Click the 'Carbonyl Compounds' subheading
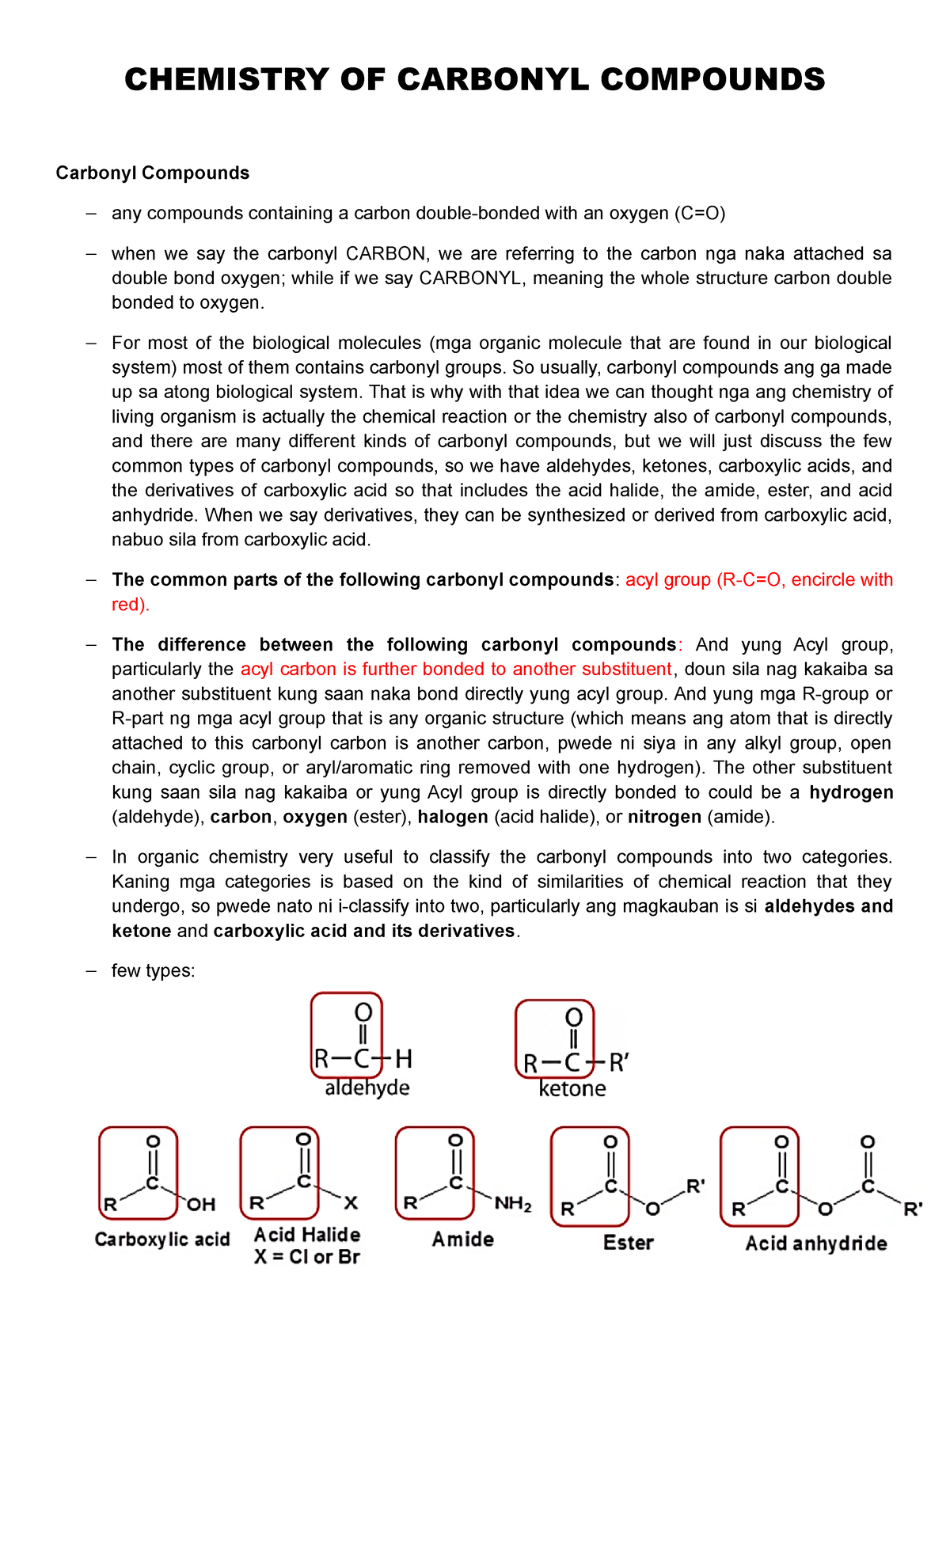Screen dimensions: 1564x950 (152, 173)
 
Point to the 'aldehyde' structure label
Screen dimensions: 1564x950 (367, 1088)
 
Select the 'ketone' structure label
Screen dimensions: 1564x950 (572, 1089)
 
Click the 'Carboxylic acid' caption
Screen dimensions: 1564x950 (162, 1239)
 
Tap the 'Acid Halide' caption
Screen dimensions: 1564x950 (307, 1235)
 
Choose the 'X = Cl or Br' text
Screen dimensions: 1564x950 (307, 1257)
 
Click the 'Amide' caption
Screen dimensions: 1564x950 (463, 1239)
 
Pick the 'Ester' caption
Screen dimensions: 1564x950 (629, 1243)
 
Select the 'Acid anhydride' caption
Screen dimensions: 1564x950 (816, 1244)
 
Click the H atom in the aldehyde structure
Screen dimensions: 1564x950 (404, 1059)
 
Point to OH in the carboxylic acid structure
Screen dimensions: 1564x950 (201, 1205)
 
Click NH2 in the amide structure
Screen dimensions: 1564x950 (513, 1205)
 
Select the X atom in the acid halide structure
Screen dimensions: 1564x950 (351, 1203)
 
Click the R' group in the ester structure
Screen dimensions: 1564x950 (695, 1187)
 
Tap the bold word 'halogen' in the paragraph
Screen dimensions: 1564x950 (453, 817)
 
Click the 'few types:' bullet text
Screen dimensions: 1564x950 (154, 971)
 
